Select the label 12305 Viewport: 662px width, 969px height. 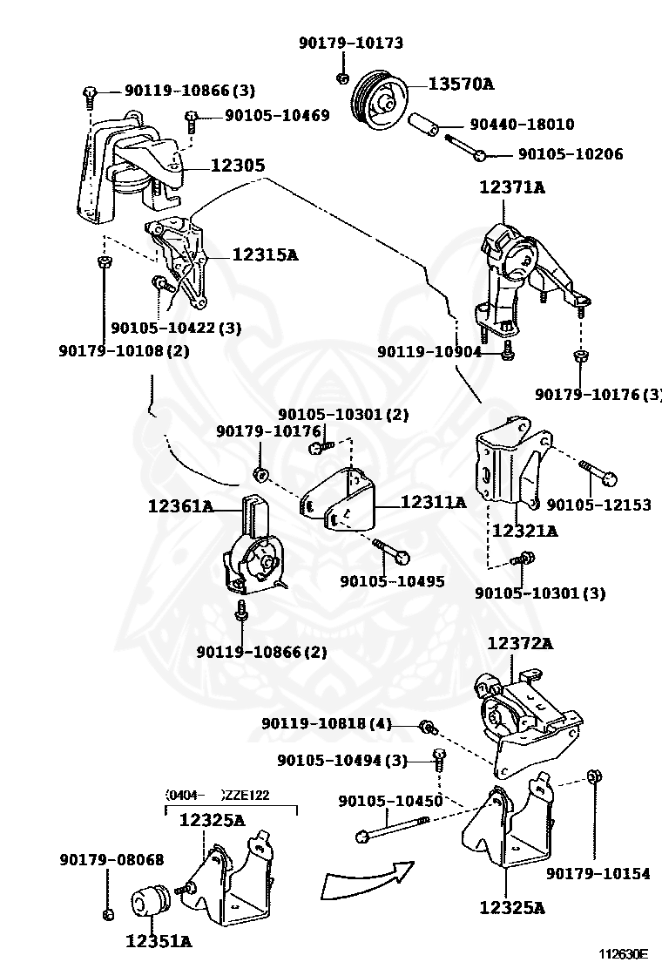(x=236, y=165)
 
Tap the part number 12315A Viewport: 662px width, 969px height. (x=265, y=255)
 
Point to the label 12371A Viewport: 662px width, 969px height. (x=511, y=186)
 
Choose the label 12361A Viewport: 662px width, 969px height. (x=180, y=505)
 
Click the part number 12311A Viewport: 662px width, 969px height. (x=433, y=502)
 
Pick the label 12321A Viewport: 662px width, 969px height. (x=524, y=530)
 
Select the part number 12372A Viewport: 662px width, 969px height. (x=520, y=643)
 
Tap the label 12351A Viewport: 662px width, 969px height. (x=159, y=940)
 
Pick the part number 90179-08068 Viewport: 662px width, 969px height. (x=111, y=859)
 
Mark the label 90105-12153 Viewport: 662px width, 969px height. (x=598, y=505)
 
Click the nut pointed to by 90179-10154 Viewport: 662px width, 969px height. (x=593, y=776)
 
